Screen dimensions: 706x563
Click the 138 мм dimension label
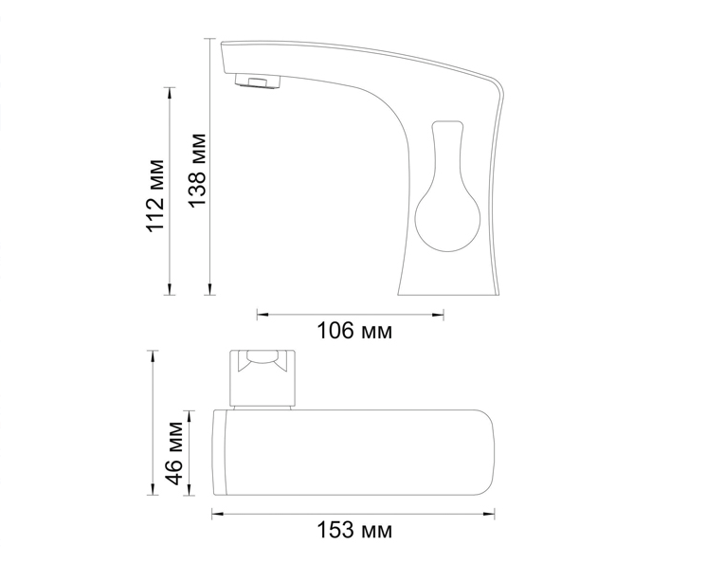click(198, 171)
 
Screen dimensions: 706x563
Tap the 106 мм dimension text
click(354, 331)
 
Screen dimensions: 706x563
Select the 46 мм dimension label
click(174, 453)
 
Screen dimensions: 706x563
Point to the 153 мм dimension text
click(354, 530)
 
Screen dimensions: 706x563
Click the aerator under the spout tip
click(258, 82)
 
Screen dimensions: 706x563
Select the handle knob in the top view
click(263, 378)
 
